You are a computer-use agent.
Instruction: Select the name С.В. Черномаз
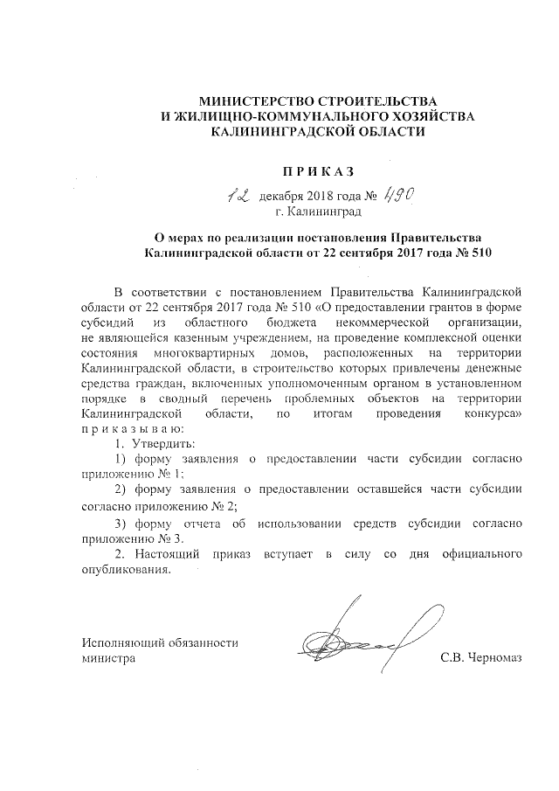tap(480, 658)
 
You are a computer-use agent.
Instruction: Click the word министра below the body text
tap(108, 658)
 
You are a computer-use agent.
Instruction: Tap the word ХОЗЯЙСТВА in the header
tap(428, 117)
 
